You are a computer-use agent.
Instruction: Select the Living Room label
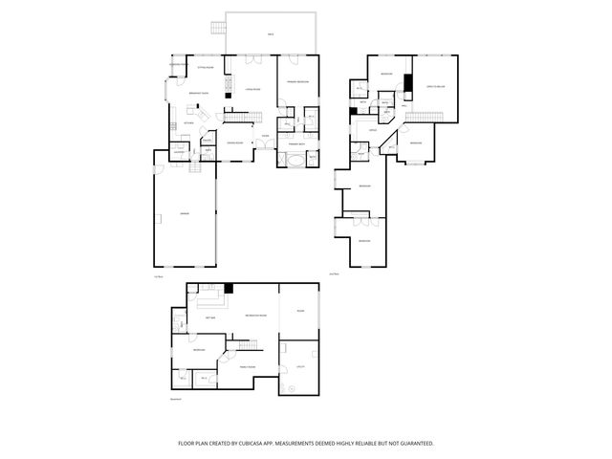pos(254,89)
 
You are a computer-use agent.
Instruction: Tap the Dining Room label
pos(234,142)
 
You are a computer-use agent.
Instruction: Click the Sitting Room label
pos(206,68)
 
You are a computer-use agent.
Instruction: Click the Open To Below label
pos(436,87)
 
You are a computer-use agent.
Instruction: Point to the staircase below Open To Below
pos(425,116)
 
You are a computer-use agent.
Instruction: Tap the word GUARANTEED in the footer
pos(414,443)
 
